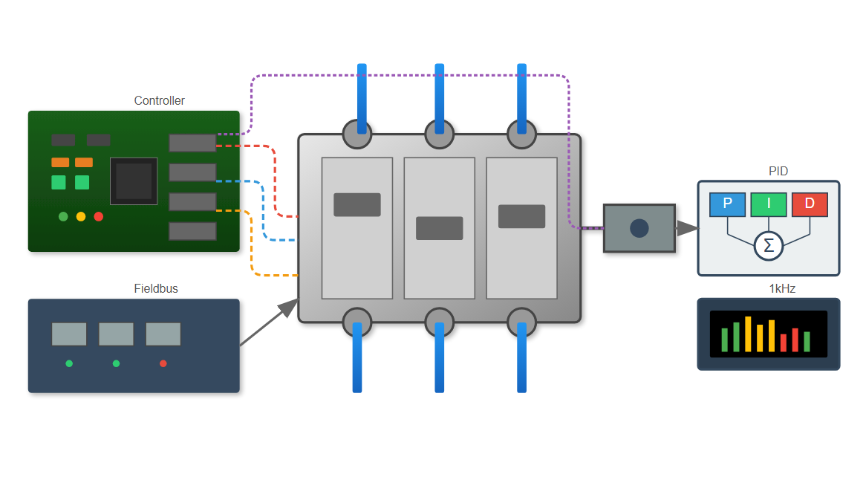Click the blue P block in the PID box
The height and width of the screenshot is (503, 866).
[727, 204]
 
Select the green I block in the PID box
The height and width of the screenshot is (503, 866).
[768, 204]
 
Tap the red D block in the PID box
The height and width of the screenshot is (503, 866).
[810, 204]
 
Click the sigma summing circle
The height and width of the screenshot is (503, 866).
[769, 246]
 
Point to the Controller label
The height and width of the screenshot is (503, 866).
[159, 100]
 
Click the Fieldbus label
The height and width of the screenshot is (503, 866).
[156, 288]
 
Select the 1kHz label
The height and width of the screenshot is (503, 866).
[782, 288]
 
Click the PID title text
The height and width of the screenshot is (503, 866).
[778, 171]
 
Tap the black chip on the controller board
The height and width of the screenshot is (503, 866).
[134, 181]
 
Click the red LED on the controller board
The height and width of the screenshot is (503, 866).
[99, 216]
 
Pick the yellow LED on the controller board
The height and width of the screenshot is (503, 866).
[81, 216]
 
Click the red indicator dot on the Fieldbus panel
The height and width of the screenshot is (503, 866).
[163, 363]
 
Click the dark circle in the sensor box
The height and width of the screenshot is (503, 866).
[639, 228]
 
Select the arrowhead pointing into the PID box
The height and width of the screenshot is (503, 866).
[687, 228]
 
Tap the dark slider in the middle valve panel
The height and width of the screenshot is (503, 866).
[439, 228]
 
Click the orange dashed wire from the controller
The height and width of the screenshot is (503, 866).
[252, 253]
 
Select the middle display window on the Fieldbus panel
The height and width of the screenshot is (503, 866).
[116, 334]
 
